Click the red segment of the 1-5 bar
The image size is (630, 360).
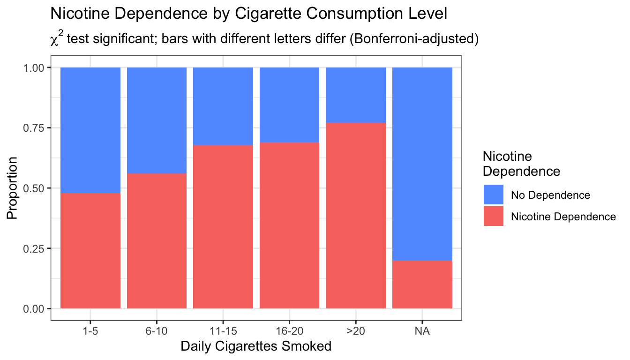(90, 251)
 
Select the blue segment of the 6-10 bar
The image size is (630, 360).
(157, 120)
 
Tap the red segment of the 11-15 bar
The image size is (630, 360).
(223, 227)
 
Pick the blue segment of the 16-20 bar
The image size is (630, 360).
(289, 105)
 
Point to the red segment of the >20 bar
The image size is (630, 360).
(356, 216)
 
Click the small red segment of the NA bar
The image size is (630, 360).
(422, 285)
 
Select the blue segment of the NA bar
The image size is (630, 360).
(422, 164)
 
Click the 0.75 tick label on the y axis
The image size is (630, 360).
(34, 128)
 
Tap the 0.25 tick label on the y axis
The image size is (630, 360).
(34, 248)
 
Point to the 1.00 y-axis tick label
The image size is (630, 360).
(34, 68)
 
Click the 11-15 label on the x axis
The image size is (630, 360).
(223, 331)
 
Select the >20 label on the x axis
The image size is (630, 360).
(356, 331)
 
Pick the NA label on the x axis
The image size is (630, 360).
(422, 331)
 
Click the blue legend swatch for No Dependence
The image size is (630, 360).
(494, 195)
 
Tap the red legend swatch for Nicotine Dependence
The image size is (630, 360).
(494, 216)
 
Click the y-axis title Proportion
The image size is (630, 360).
(12, 188)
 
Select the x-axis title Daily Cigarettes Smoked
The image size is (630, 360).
(256, 346)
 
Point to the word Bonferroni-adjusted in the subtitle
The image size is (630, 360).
(414, 38)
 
